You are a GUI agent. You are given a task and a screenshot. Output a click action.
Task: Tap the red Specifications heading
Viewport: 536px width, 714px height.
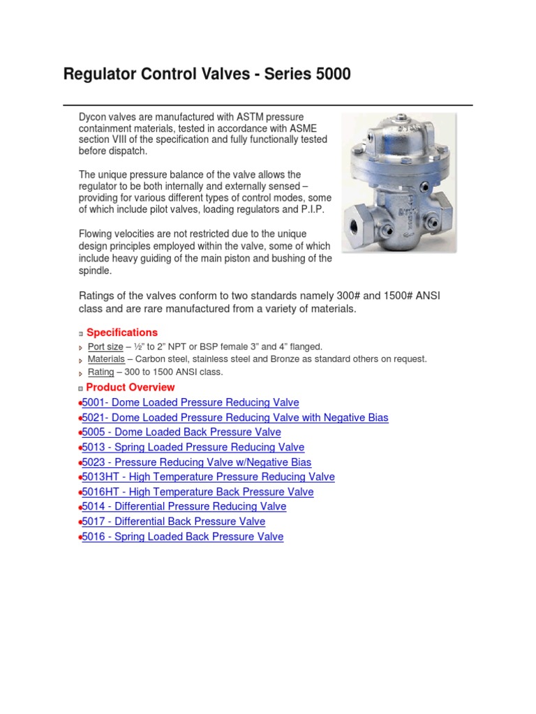(122, 333)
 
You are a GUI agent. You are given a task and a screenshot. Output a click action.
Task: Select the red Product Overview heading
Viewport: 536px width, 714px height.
(131, 387)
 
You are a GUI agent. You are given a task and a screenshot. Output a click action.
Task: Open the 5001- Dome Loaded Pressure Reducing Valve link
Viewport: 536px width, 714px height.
(190, 402)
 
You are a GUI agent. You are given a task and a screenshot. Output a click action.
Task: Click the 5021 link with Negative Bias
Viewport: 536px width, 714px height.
(234, 418)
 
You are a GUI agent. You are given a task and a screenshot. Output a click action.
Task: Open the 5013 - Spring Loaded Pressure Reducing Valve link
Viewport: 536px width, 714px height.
(193, 447)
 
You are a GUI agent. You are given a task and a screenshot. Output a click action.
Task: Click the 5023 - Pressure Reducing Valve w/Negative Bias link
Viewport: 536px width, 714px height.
(196, 462)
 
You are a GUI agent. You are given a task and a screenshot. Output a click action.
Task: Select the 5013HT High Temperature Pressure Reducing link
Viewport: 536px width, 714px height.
(208, 477)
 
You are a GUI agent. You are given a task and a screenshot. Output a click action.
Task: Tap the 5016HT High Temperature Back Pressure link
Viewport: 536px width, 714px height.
(198, 492)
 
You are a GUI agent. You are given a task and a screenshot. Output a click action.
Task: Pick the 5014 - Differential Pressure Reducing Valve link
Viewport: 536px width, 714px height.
(184, 506)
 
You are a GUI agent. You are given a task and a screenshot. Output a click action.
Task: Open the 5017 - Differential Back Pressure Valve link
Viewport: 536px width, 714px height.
(173, 522)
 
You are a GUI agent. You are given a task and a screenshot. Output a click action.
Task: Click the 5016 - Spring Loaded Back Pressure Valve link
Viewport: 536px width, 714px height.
(182, 537)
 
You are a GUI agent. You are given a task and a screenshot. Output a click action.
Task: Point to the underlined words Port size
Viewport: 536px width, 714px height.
(105, 347)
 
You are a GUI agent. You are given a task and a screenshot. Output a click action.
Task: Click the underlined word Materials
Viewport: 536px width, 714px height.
(106, 359)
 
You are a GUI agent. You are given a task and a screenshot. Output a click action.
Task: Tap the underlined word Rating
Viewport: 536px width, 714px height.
(100, 372)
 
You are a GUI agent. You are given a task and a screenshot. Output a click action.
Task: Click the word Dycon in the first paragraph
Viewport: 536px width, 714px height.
(93, 117)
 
